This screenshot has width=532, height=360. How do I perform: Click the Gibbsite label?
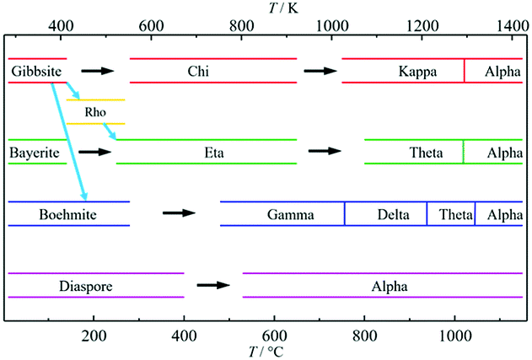(36, 72)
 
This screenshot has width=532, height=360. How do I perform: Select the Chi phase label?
(198, 72)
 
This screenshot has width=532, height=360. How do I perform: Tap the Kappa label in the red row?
(417, 72)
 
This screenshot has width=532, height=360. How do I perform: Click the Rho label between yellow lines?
(95, 111)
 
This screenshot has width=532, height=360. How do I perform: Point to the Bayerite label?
(35, 153)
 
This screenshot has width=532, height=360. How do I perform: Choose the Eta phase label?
(214, 153)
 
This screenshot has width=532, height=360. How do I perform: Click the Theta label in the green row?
(426, 153)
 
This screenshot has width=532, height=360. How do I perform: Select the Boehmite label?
(67, 214)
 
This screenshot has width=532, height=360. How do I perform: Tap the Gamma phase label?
(290, 214)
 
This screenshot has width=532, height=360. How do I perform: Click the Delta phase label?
(393, 214)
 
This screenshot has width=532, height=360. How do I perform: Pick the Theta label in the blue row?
(455, 214)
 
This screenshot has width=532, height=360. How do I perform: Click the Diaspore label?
(86, 287)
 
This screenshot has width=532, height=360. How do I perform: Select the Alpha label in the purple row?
(390, 287)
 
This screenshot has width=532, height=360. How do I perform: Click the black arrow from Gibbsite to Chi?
(98, 71)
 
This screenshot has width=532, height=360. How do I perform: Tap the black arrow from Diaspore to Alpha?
(213, 285)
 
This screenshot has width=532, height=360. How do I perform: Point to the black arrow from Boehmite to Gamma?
(179, 213)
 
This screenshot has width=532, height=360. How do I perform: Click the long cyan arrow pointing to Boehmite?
(69, 142)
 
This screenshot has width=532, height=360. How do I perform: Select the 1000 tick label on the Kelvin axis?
(332, 26)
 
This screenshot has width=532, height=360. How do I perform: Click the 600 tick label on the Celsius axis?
(274, 336)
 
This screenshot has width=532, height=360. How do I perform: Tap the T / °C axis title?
(266, 352)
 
